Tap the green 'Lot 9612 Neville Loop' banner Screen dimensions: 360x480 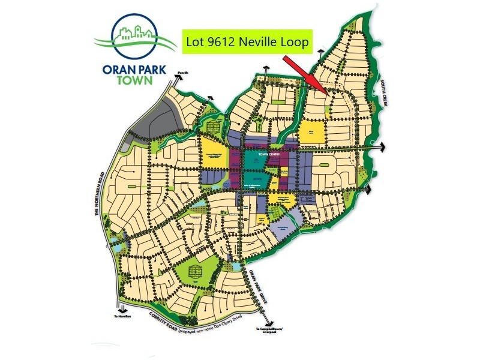coord(247,41)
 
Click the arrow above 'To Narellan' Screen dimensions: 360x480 coord(119,305)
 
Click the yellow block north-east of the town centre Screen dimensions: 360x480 coord(311,133)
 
